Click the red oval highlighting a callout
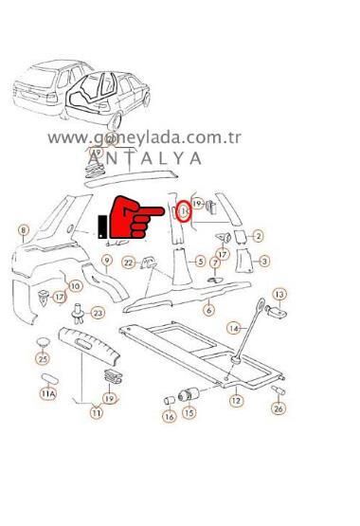[x=186, y=209]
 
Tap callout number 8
[x=24, y=228]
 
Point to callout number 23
[x=98, y=311]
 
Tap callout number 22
[x=128, y=263]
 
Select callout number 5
[x=200, y=261]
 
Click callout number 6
[x=208, y=308]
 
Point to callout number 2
[x=258, y=234]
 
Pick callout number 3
[x=265, y=261]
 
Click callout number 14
[x=232, y=327]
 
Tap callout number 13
[x=279, y=295]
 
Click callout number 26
[x=279, y=408]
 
